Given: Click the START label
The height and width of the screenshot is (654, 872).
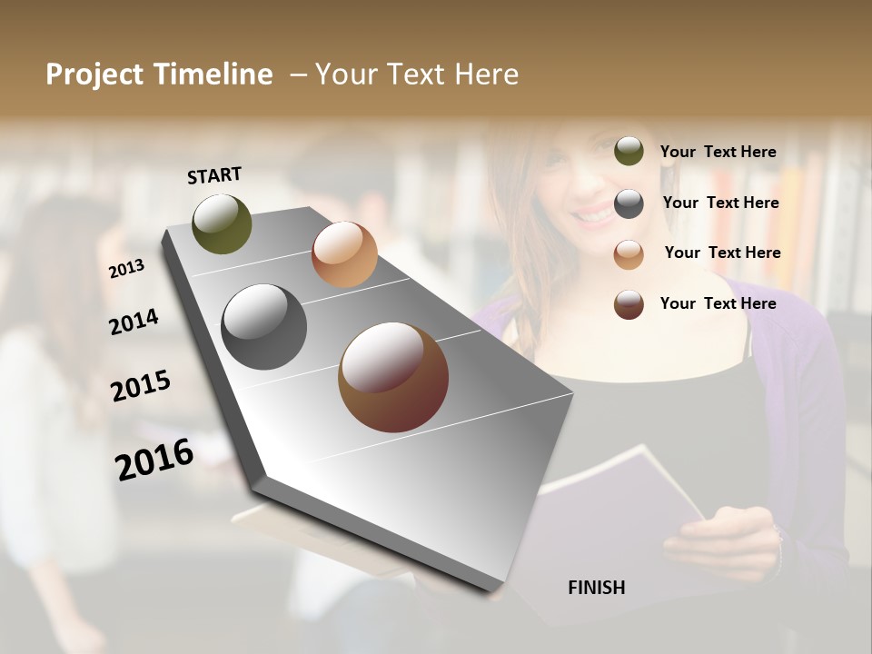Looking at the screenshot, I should [x=214, y=174].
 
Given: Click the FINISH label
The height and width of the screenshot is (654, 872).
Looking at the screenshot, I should [x=596, y=588].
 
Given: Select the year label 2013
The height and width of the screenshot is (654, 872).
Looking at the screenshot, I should [x=126, y=268].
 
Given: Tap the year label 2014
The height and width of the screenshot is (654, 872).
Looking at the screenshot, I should [x=134, y=322].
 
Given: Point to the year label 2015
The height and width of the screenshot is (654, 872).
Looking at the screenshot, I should [x=140, y=386].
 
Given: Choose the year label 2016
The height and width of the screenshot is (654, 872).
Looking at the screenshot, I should [x=154, y=459].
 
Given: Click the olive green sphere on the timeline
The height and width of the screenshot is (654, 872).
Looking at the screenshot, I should [x=222, y=223].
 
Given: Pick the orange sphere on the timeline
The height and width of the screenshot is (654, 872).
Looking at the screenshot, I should [x=344, y=254].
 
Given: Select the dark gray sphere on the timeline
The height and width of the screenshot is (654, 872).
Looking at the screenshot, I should [x=263, y=327].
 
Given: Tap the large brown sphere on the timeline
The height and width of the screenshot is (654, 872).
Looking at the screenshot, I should [x=393, y=377].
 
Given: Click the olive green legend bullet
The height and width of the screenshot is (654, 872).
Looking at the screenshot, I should [x=629, y=151].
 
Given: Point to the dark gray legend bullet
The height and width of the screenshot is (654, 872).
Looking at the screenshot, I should [x=629, y=203].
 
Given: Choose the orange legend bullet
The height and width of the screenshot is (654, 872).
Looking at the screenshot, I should [x=629, y=253].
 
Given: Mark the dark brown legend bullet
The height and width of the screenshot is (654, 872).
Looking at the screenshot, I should [x=629, y=304].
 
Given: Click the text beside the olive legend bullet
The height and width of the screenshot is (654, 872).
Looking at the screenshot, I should [x=718, y=152].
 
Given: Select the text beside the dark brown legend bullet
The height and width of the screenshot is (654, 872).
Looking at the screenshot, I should [x=718, y=303].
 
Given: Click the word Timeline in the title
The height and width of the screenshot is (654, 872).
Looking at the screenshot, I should [x=213, y=74].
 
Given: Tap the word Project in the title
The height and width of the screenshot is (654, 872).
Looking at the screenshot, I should [x=94, y=74].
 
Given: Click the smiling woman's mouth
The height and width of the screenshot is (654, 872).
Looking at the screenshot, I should [x=595, y=216].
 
